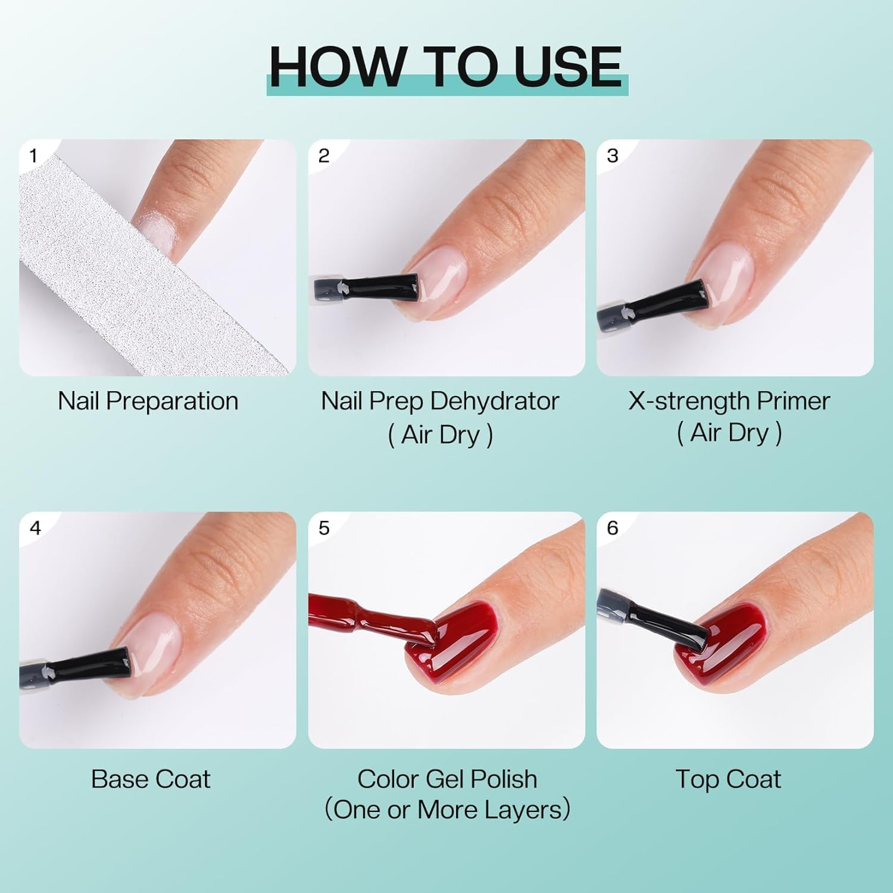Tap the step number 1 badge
[x=33, y=156]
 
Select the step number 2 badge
[x=323, y=156]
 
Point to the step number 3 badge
[x=612, y=156]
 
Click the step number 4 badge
[x=35, y=528]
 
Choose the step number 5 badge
[x=323, y=528]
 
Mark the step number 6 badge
[x=612, y=528]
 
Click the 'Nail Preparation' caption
[x=148, y=401]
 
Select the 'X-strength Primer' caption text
[x=729, y=401]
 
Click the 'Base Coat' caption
[x=150, y=779]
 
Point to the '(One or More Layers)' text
[x=447, y=810]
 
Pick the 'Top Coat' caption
[x=727, y=779]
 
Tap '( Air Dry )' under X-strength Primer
[x=729, y=433]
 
